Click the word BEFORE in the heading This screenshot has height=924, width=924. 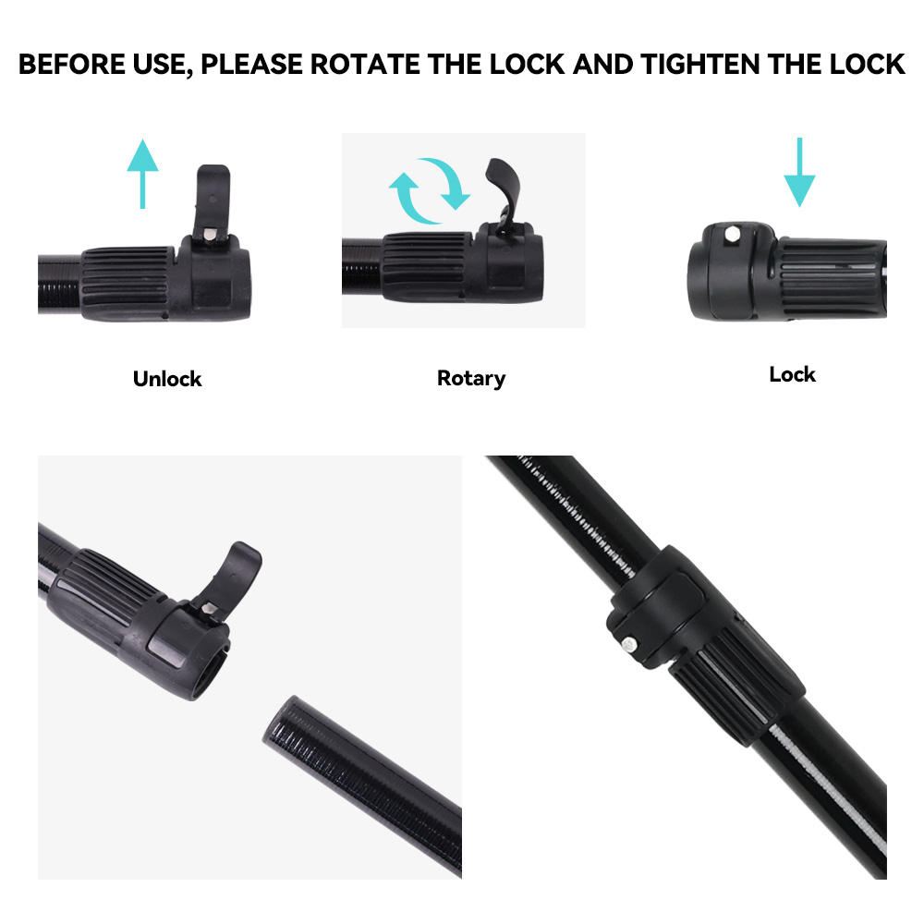click(x=72, y=65)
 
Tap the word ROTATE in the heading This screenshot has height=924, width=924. click(x=365, y=65)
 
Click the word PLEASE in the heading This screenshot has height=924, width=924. click(x=251, y=65)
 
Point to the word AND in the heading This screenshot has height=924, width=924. click(x=602, y=65)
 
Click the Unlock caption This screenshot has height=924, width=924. click(x=167, y=378)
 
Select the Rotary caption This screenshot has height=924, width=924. click(x=471, y=378)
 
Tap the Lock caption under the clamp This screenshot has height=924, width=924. click(x=792, y=374)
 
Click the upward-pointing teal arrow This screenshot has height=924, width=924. click(x=142, y=174)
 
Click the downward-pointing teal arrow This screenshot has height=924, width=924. click(x=799, y=172)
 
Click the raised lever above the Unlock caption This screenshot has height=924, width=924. click(x=213, y=201)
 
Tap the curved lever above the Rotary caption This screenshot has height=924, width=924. click(x=505, y=189)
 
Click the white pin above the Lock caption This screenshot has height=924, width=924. click(x=733, y=235)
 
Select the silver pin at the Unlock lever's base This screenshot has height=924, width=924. click(x=209, y=234)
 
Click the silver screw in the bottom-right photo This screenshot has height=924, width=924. click(x=629, y=644)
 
